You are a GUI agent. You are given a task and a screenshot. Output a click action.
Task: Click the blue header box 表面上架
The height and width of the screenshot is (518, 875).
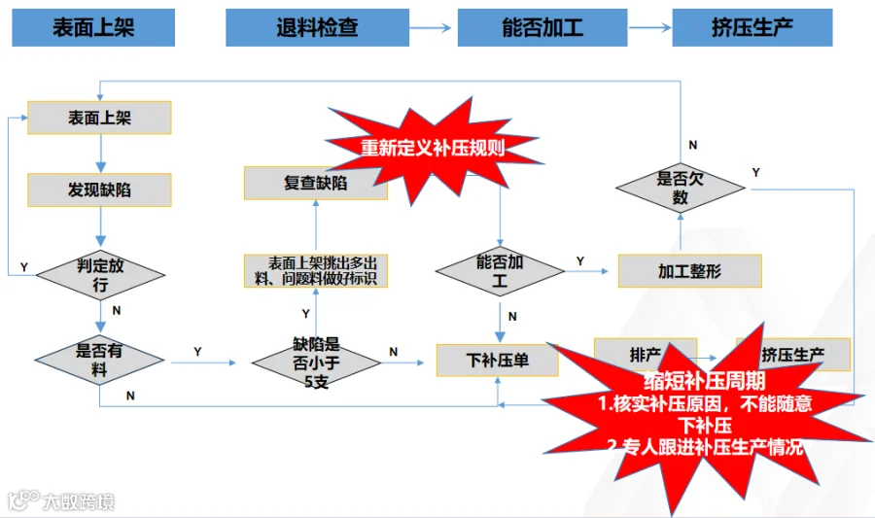93,27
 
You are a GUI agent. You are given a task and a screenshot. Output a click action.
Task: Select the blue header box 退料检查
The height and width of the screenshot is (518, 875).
317,27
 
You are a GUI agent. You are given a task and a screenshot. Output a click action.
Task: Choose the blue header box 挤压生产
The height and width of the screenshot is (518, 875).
752,27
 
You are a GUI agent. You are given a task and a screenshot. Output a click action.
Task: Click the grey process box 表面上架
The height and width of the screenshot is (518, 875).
99,118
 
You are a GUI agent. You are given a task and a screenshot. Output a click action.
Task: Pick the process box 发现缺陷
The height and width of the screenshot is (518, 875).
99,190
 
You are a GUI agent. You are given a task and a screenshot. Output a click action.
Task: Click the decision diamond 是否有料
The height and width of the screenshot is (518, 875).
100,359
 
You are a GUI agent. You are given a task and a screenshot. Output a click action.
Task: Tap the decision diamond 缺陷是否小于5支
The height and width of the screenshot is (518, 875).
316,362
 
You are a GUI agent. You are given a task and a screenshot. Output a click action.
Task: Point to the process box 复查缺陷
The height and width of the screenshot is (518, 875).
315,183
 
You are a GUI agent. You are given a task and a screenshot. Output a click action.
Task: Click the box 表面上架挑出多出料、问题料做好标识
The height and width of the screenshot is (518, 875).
315,270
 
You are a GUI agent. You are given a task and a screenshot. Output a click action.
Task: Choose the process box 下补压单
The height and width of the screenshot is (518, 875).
497,361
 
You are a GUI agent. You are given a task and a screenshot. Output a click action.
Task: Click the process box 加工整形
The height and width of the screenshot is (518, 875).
689,271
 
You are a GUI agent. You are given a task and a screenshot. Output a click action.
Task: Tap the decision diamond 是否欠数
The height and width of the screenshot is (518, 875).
681,188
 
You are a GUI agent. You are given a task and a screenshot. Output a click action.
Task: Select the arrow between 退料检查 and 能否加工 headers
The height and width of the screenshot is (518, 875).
432,27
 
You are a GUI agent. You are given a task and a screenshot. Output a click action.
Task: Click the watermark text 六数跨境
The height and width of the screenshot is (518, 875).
78,501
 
